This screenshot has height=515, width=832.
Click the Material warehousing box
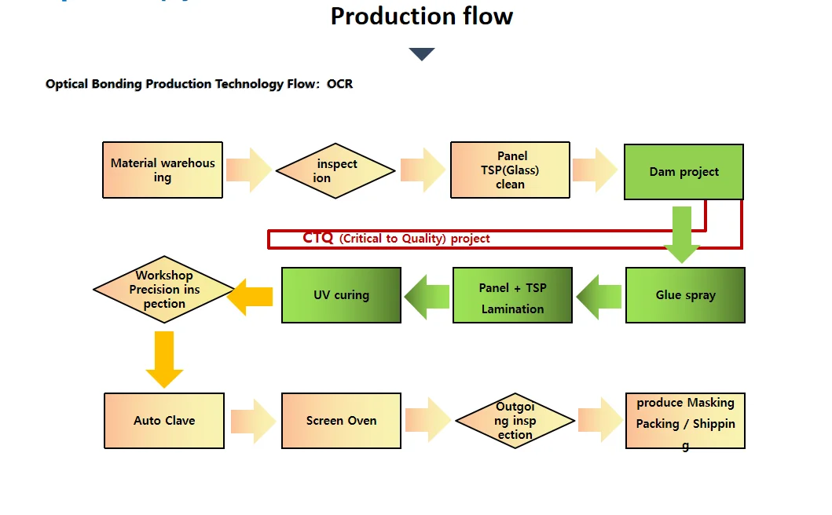(163, 170)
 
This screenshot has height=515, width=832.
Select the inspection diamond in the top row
(335, 170)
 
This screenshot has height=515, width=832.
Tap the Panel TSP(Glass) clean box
(510, 170)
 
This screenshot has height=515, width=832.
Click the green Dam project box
(684, 172)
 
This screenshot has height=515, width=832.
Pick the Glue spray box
(685, 295)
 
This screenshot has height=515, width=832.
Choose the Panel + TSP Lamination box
(512, 295)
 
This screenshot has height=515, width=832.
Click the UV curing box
(341, 295)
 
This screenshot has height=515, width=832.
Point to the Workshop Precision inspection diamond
(164, 289)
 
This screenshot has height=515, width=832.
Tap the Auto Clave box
(164, 421)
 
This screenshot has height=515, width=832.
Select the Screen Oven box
(341, 421)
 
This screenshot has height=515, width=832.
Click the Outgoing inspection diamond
(515, 421)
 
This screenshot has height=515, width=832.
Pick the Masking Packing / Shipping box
(685, 421)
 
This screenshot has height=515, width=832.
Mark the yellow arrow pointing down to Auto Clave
(164, 359)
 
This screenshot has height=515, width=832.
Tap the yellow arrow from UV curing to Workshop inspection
(251, 296)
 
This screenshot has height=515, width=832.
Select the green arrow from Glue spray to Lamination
(599, 296)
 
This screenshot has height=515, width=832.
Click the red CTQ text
(318, 238)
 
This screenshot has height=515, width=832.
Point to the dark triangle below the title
(422, 54)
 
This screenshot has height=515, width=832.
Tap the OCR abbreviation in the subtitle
(340, 84)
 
